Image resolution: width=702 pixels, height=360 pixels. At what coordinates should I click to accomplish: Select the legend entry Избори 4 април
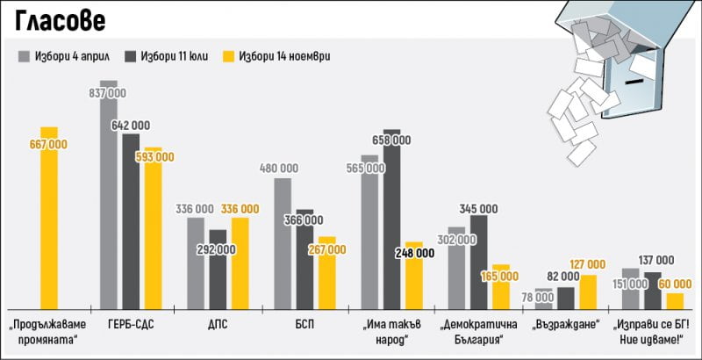pyautogui.click(x=66, y=56)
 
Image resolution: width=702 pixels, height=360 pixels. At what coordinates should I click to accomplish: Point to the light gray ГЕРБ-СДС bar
pyautogui.click(x=109, y=202)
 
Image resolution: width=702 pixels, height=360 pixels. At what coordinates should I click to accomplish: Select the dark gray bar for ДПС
pyautogui.click(x=218, y=269)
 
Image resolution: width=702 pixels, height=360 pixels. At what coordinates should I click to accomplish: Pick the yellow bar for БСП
pyautogui.click(x=326, y=272)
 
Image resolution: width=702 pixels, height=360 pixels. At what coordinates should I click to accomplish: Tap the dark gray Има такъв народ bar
pyautogui.click(x=391, y=219)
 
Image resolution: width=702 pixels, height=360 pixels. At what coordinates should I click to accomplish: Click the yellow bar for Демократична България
pyautogui.click(x=499, y=286)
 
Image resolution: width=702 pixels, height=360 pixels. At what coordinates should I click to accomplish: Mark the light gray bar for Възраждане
pyautogui.click(x=544, y=299)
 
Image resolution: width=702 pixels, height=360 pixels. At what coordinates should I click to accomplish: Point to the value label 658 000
pyautogui.click(x=391, y=140)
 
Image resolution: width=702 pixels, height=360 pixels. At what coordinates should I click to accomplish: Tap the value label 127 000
pyautogui.click(x=587, y=263)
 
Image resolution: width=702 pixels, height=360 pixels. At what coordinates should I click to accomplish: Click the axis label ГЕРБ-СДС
pyautogui.click(x=131, y=324)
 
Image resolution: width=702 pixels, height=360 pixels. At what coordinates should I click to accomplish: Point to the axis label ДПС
pyautogui.click(x=218, y=324)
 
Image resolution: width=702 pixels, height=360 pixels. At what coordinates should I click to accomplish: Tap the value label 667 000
pyautogui.click(x=49, y=144)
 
